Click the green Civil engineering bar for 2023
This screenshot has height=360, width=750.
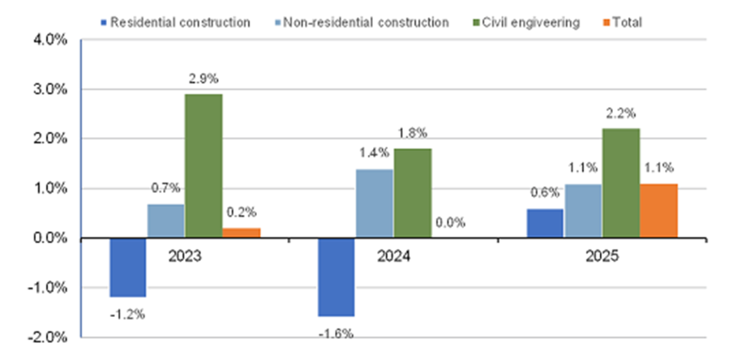click(203, 166)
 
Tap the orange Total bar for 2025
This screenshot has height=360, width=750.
click(659, 211)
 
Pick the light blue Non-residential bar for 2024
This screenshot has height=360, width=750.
click(374, 203)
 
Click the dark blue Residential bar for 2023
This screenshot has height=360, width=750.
click(127, 267)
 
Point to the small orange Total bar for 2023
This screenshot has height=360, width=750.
click(241, 232)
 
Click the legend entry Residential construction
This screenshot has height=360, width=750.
click(179, 22)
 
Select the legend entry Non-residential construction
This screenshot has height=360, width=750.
click(365, 22)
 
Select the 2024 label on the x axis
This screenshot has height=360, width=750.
click(394, 256)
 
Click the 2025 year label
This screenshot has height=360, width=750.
click(602, 256)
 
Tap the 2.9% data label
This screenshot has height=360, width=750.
click(204, 79)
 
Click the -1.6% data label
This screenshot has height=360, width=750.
click(336, 333)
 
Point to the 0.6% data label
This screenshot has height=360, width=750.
click(544, 194)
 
